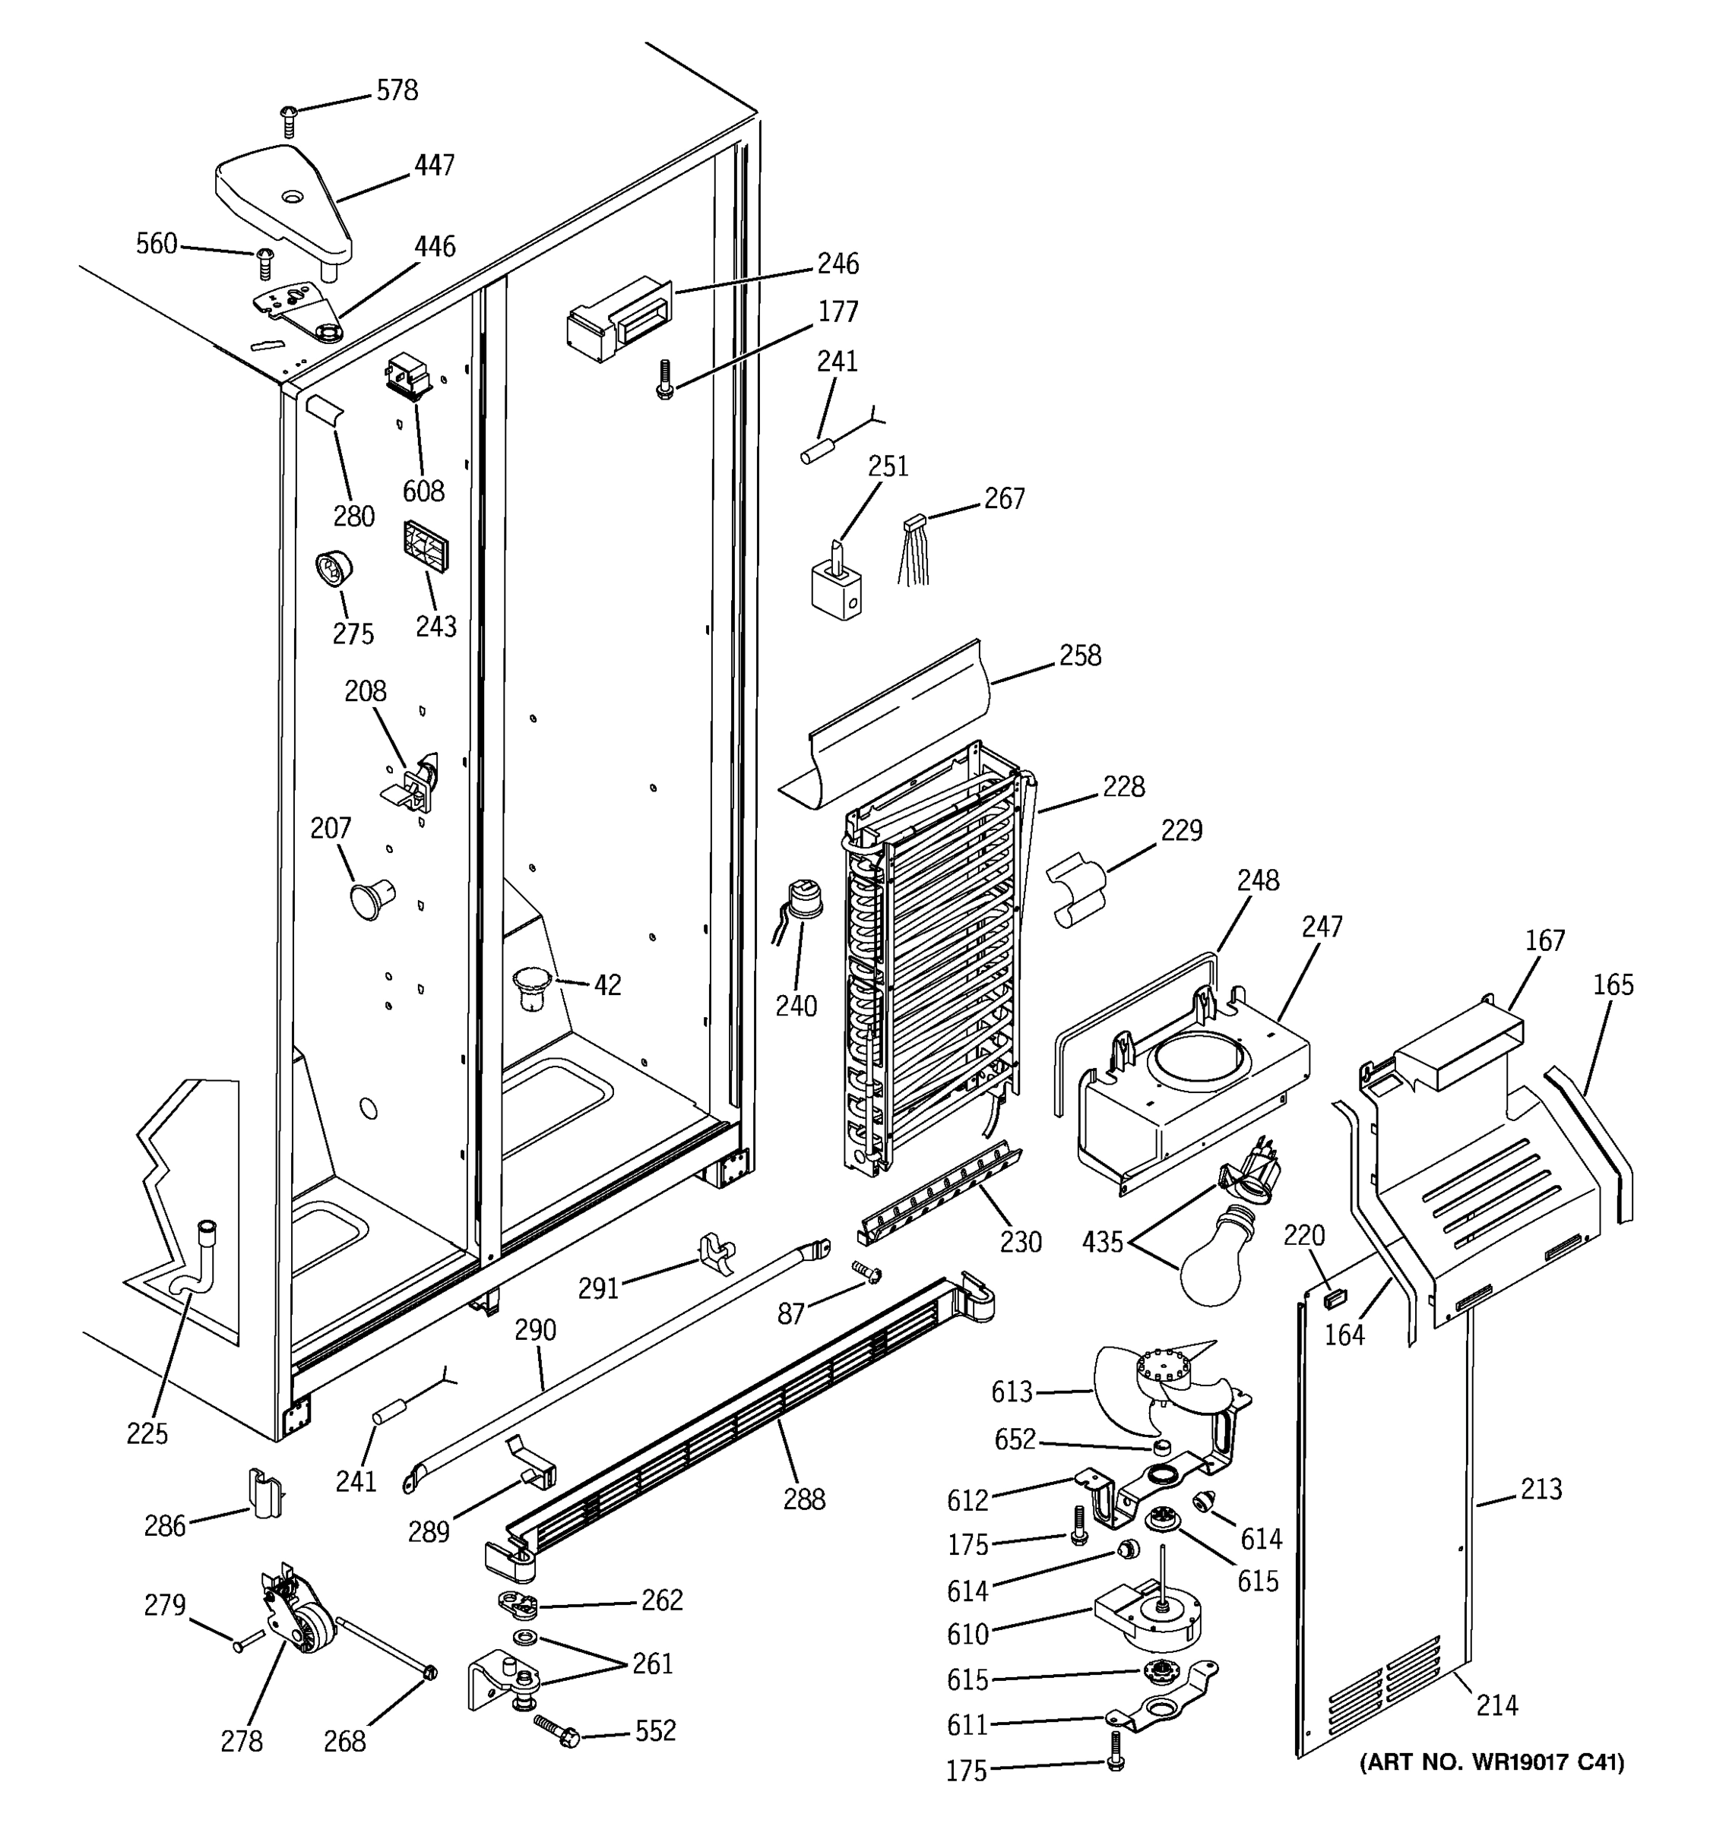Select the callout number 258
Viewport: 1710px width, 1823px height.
1080,655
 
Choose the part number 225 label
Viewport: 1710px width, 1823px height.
147,1433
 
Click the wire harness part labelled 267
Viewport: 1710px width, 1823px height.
914,550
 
